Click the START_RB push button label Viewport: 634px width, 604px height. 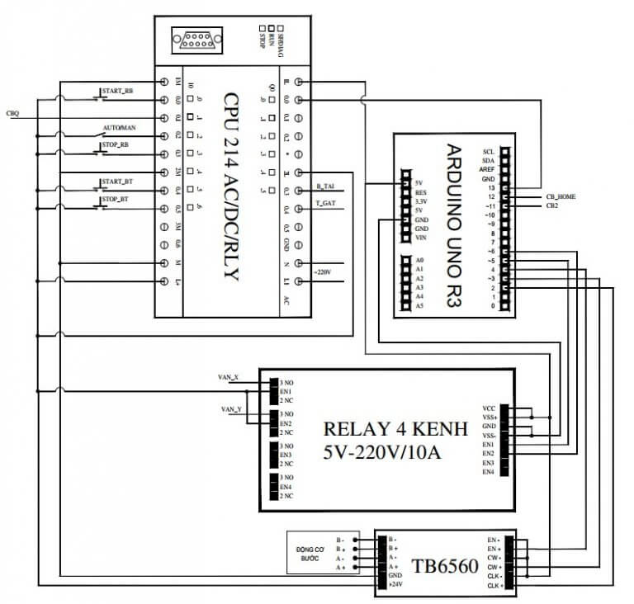116,91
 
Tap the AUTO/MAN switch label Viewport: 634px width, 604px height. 118,129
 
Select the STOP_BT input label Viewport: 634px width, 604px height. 115,200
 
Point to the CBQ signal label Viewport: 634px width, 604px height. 12,113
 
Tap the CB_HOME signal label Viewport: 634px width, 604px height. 561,196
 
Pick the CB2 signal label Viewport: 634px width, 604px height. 551,205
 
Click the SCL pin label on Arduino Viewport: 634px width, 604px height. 488,152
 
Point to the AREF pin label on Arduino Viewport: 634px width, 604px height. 486,169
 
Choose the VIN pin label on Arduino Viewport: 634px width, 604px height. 420,238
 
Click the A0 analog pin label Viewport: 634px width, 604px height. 419,260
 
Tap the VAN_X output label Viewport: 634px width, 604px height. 228,377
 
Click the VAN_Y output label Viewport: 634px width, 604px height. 230,409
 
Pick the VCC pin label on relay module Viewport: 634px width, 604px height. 488,408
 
